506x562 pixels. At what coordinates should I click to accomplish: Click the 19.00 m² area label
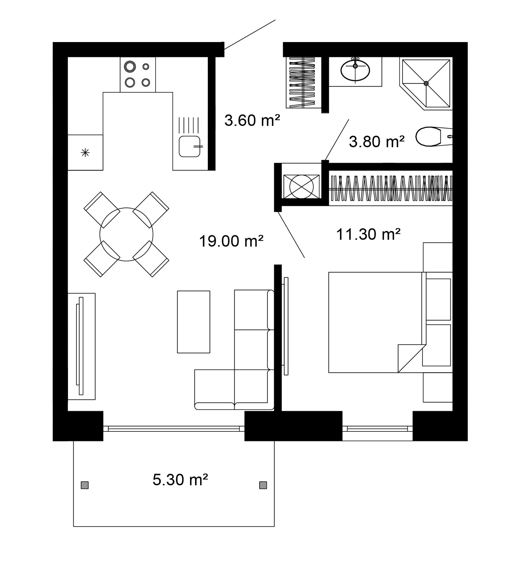click(x=231, y=241)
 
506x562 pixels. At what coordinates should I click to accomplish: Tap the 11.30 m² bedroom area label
click(x=368, y=234)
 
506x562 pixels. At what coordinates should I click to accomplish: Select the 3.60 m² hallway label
click(x=252, y=120)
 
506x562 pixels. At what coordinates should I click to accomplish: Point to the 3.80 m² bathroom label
click(x=377, y=141)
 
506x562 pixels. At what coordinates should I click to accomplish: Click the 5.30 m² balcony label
click(x=180, y=480)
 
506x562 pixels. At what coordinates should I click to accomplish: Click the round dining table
click(x=126, y=234)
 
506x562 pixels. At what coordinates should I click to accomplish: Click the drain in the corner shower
click(x=426, y=83)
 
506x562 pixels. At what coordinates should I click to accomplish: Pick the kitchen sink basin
click(x=189, y=146)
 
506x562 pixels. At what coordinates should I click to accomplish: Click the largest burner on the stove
click(x=129, y=66)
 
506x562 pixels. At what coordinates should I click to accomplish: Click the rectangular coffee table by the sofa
click(x=194, y=322)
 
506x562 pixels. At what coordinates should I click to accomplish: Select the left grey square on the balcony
click(x=84, y=485)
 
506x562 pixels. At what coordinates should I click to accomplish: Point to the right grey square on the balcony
click(x=263, y=485)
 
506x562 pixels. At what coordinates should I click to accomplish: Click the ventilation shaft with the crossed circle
click(x=301, y=187)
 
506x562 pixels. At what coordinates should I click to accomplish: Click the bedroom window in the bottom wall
click(x=378, y=429)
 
